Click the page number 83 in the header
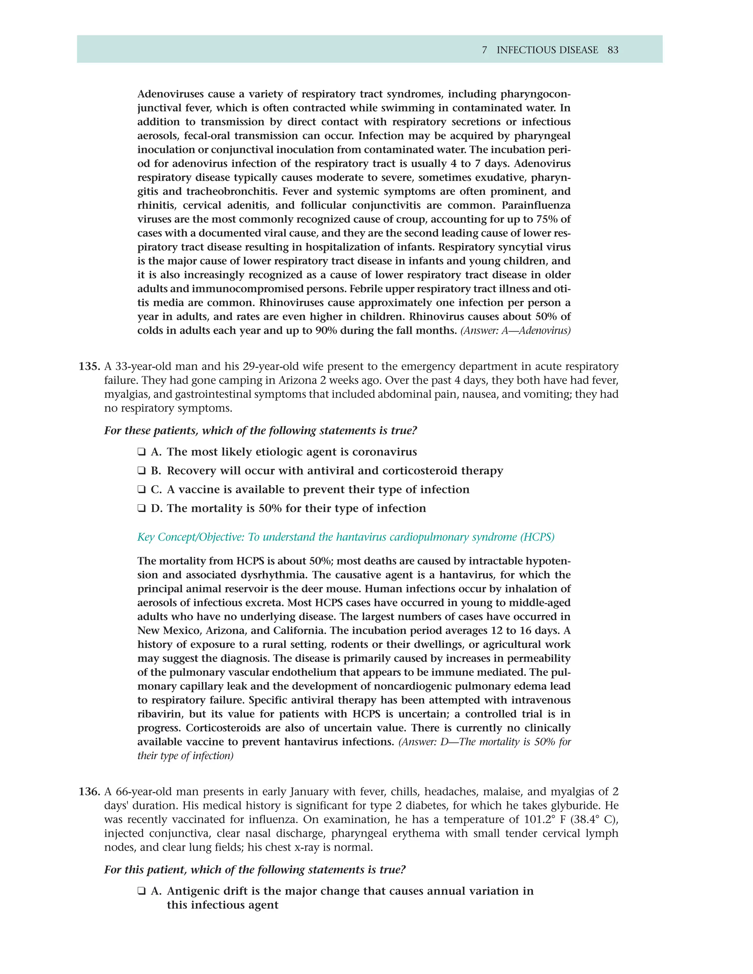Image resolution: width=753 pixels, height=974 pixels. tap(613, 50)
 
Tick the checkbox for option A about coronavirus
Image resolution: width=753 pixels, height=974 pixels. tap(142, 452)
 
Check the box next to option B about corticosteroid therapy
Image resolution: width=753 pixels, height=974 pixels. tap(142, 471)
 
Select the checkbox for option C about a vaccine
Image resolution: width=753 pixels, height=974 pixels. tap(142, 490)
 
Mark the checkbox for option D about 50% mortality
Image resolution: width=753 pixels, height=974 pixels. tap(142, 508)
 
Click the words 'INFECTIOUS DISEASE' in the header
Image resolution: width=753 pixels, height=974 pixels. tap(547, 50)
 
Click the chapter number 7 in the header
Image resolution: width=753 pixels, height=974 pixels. tap(485, 50)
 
